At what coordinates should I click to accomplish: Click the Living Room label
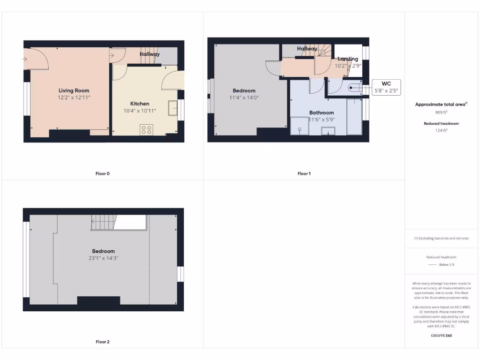[x=74, y=90]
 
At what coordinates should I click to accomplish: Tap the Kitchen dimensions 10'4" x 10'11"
[x=139, y=111]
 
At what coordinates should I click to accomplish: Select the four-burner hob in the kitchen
[x=146, y=129]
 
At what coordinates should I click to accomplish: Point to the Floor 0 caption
[x=102, y=173]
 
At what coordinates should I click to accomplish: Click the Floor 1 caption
[x=304, y=173]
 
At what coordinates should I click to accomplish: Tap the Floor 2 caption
[x=102, y=342]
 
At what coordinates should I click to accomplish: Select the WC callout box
[x=386, y=87]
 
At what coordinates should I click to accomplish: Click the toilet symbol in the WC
[x=354, y=87]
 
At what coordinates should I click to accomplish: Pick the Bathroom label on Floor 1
[x=321, y=112]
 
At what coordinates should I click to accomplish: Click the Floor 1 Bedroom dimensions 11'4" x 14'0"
[x=244, y=97]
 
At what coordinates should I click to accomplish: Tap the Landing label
[x=348, y=59]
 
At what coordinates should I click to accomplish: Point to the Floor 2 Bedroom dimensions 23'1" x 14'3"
[x=103, y=258]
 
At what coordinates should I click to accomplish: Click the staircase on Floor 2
[x=103, y=222]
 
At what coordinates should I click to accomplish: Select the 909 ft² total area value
[x=441, y=112]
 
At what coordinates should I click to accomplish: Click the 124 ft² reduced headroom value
[x=441, y=131]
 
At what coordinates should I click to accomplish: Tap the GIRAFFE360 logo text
[x=441, y=336]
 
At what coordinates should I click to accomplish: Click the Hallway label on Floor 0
[x=150, y=54]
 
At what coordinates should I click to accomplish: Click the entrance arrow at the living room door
[x=24, y=59]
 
